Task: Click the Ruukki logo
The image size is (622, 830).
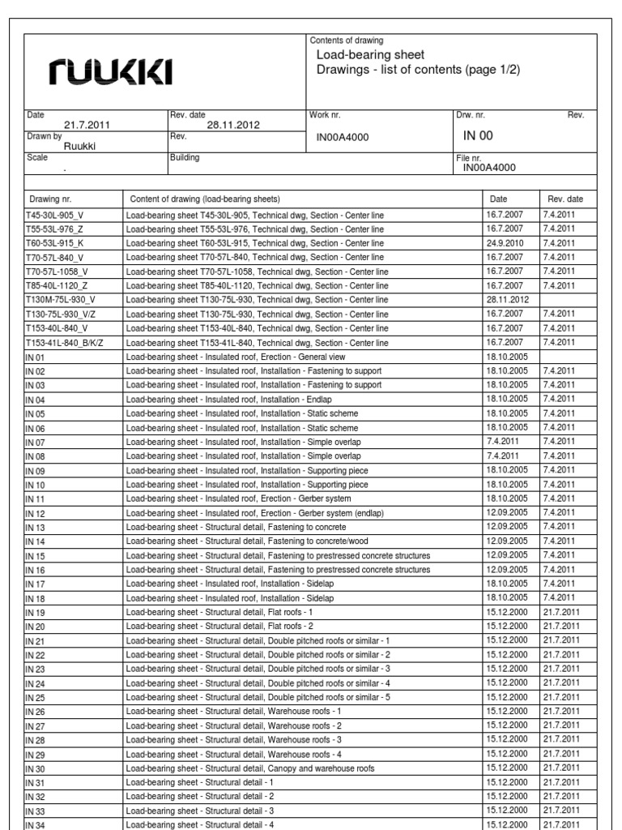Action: (x=112, y=74)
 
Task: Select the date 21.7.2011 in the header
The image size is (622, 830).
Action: (x=81, y=126)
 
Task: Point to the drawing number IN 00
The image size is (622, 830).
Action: (x=477, y=135)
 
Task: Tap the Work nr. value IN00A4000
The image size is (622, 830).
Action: (x=342, y=137)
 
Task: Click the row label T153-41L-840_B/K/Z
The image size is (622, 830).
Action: (x=65, y=344)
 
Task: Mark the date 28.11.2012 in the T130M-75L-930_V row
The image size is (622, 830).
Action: (x=508, y=299)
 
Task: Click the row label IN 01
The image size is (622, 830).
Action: (x=36, y=357)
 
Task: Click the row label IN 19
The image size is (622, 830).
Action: (x=36, y=612)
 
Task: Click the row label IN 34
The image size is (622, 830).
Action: (x=36, y=824)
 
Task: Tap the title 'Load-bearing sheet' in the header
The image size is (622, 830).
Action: (x=369, y=55)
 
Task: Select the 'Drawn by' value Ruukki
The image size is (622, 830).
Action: (x=80, y=147)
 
